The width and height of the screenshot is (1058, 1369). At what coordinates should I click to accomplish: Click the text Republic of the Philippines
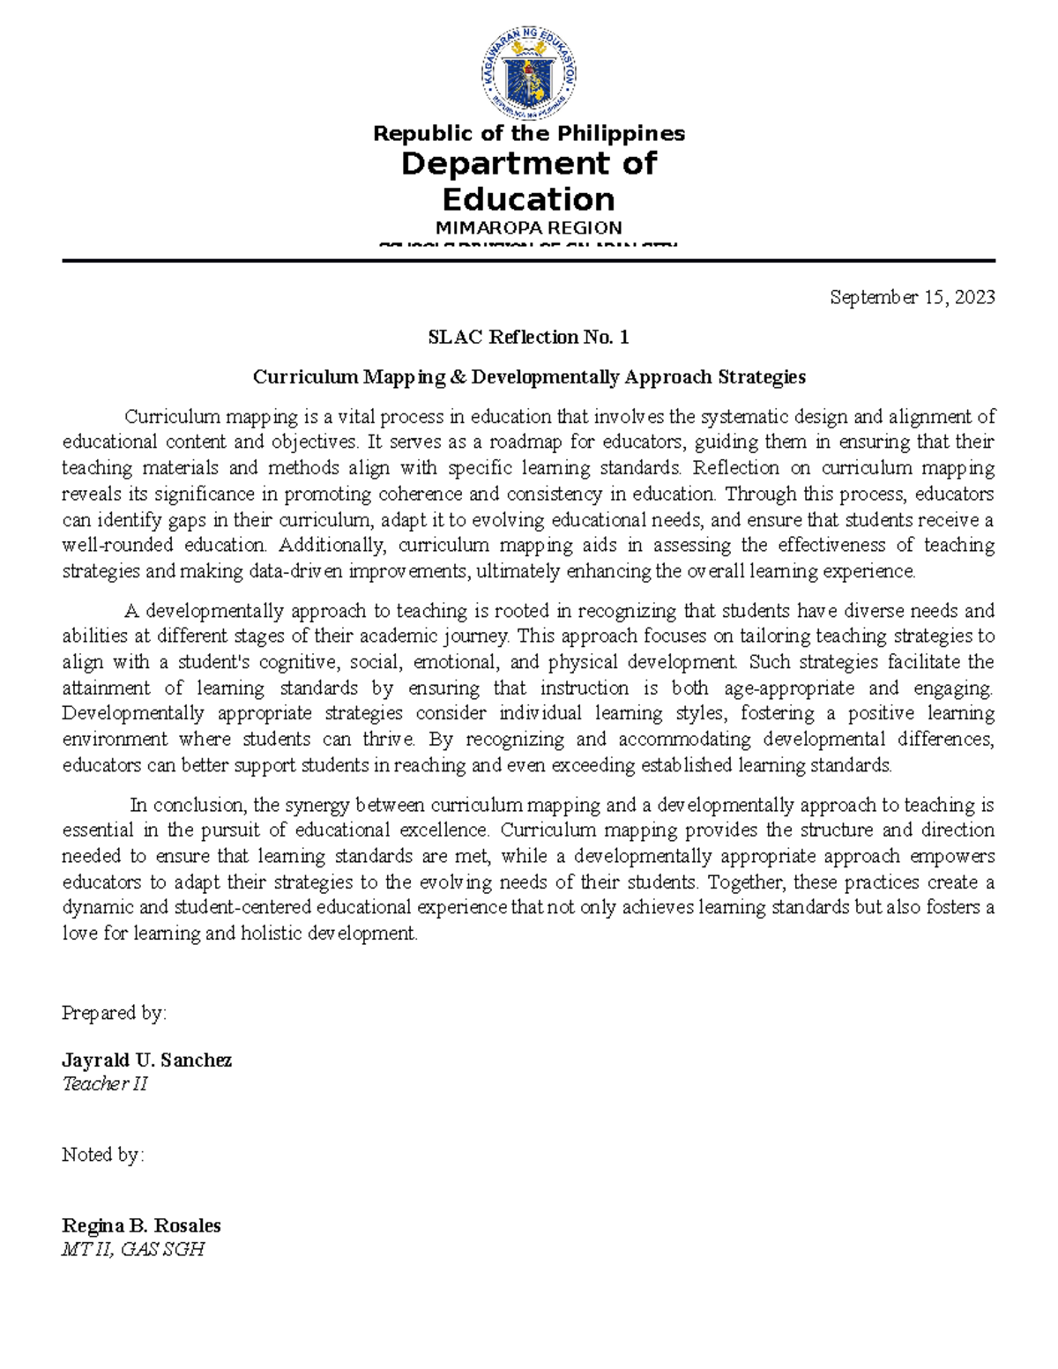(528, 133)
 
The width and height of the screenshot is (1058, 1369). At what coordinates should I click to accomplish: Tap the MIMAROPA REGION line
(528, 227)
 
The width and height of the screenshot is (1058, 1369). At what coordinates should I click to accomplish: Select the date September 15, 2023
(912, 297)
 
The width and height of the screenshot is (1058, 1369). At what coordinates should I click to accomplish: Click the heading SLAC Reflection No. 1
(528, 337)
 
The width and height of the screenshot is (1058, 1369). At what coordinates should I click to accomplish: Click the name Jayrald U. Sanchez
(146, 1060)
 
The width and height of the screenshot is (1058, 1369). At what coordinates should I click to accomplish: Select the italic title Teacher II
(104, 1084)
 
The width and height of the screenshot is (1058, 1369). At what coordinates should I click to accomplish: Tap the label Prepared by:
(114, 1014)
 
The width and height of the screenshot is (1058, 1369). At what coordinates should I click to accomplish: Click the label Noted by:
(102, 1155)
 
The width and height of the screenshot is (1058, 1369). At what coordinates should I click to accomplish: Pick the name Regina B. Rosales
(141, 1225)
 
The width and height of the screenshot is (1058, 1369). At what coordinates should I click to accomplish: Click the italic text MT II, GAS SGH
(133, 1249)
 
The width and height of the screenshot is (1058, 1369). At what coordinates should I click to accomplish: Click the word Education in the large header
(528, 199)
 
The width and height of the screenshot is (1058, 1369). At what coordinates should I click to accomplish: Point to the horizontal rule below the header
(528, 261)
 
